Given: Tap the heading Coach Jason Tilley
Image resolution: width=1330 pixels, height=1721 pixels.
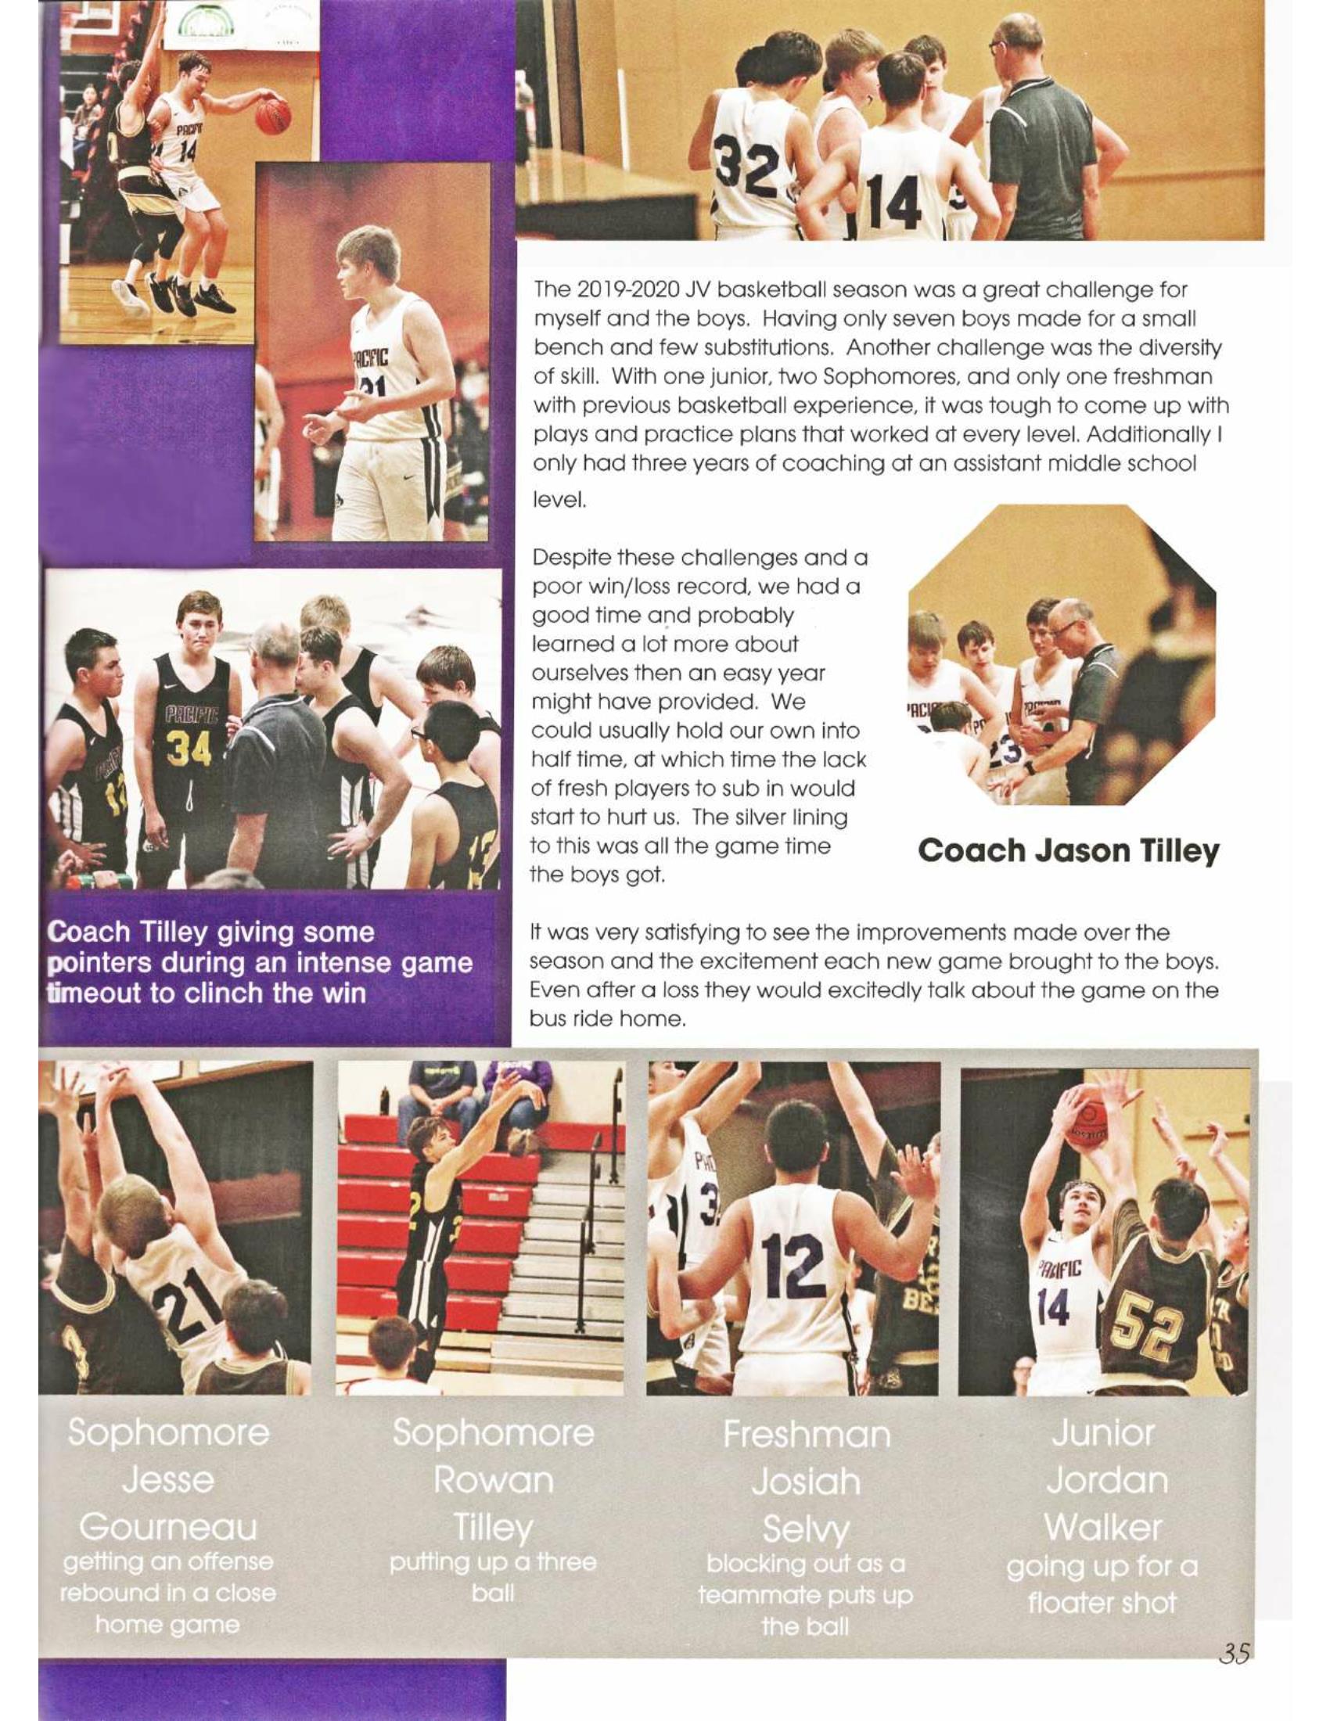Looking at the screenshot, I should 1069,851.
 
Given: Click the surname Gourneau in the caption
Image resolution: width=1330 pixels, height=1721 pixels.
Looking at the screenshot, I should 168,1527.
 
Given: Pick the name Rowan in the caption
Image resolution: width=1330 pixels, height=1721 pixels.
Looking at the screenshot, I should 493,1479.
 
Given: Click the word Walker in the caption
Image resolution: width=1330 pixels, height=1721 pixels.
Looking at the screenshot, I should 1102,1527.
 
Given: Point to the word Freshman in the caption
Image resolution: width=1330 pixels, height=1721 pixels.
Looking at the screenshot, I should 806,1433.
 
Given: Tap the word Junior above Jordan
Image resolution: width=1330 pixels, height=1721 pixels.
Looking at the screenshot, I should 1102,1432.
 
